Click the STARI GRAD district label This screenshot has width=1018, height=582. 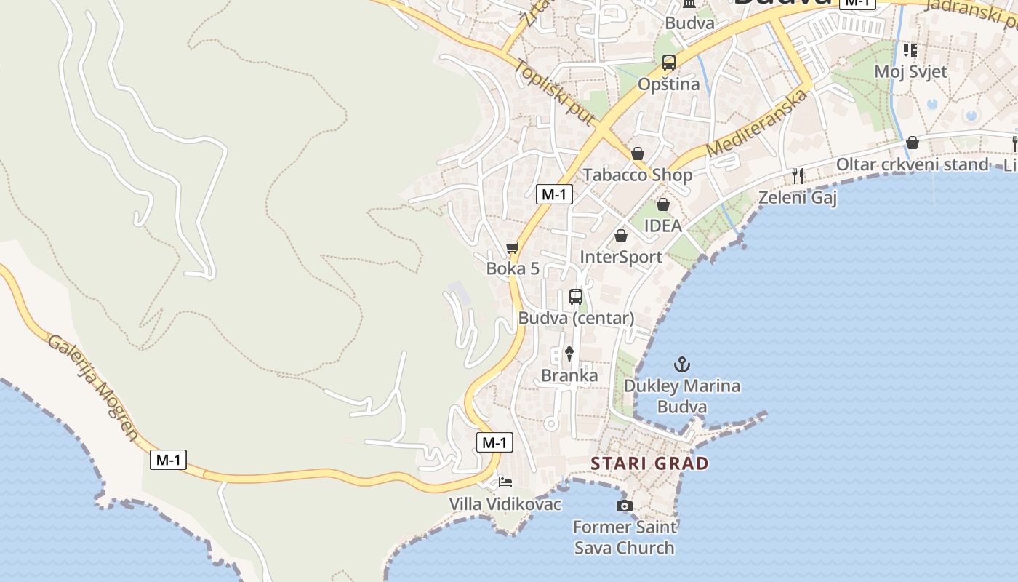point(649,463)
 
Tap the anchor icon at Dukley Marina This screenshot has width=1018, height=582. point(682,364)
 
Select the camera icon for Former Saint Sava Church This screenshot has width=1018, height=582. point(624,506)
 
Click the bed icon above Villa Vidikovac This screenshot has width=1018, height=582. point(505,482)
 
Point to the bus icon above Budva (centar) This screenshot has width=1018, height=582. point(576,296)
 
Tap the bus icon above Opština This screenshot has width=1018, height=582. point(669,62)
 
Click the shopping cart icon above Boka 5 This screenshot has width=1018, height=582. point(513,247)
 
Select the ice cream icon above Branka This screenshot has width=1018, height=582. point(569,354)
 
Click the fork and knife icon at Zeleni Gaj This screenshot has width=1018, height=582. point(798,175)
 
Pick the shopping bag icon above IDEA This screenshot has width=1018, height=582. point(662,204)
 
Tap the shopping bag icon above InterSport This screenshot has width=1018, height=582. point(621,236)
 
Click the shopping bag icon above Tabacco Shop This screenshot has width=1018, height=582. point(638,154)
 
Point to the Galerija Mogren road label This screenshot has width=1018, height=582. point(92,388)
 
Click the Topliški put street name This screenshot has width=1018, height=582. point(554,92)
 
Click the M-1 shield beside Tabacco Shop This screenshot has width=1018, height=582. point(554,194)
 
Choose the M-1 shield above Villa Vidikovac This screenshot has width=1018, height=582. point(494,442)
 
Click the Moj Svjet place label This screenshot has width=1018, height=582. point(910,71)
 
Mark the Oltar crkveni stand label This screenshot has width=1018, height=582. point(912,164)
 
